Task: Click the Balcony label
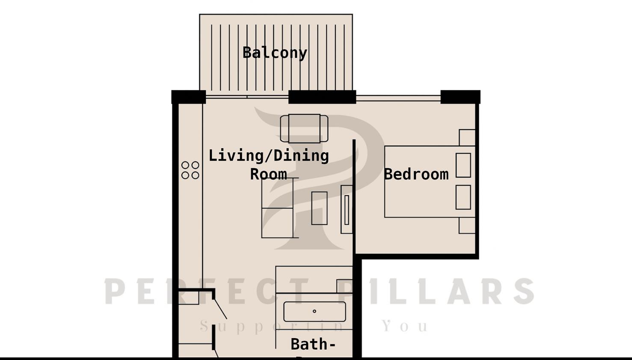pos(275,53)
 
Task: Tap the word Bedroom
pos(416,174)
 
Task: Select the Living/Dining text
pos(269,156)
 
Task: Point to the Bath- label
pos(313,344)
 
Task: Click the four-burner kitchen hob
pos(190,170)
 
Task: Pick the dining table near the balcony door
pos(304,128)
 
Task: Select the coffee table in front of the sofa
pos(319,208)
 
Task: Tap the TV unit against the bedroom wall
pos(347,209)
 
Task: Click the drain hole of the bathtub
pos(315,311)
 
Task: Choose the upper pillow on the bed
pos(463,165)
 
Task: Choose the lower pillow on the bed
pos(463,197)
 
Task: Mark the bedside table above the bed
pos(467,137)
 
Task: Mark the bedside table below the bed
pos(467,226)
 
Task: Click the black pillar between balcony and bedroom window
pos(322,97)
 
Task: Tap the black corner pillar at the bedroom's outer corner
pos(460,97)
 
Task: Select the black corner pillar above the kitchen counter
pos(189,97)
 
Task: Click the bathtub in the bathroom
pos(315,312)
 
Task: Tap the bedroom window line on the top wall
pos(398,98)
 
